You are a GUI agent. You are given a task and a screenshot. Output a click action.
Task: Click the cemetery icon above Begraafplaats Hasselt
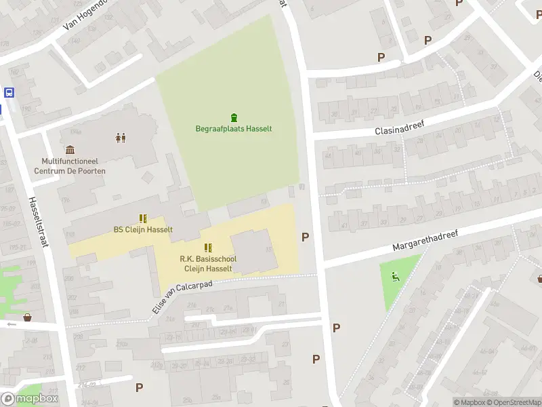click(234, 117)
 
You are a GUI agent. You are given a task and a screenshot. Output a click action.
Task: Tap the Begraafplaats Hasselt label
click(234, 129)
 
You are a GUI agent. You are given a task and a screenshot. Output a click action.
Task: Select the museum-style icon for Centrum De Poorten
click(70, 150)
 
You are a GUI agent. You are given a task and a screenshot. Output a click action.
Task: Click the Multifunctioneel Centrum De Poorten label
click(73, 166)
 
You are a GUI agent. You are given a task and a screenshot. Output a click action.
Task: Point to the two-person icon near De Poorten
click(121, 138)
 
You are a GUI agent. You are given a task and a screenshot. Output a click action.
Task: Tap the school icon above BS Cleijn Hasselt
click(143, 218)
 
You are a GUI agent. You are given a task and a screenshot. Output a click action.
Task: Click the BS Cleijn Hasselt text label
click(143, 229)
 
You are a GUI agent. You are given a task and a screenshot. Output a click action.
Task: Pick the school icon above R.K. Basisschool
click(208, 248)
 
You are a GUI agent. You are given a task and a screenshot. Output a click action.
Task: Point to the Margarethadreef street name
click(423, 241)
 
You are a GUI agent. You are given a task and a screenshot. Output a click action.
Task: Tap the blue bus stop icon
click(9, 93)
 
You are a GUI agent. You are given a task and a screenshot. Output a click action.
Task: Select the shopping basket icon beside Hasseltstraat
click(28, 317)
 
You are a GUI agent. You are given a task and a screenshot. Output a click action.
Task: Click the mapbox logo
click(29, 399)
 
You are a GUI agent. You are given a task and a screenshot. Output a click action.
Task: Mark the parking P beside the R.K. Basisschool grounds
click(306, 237)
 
